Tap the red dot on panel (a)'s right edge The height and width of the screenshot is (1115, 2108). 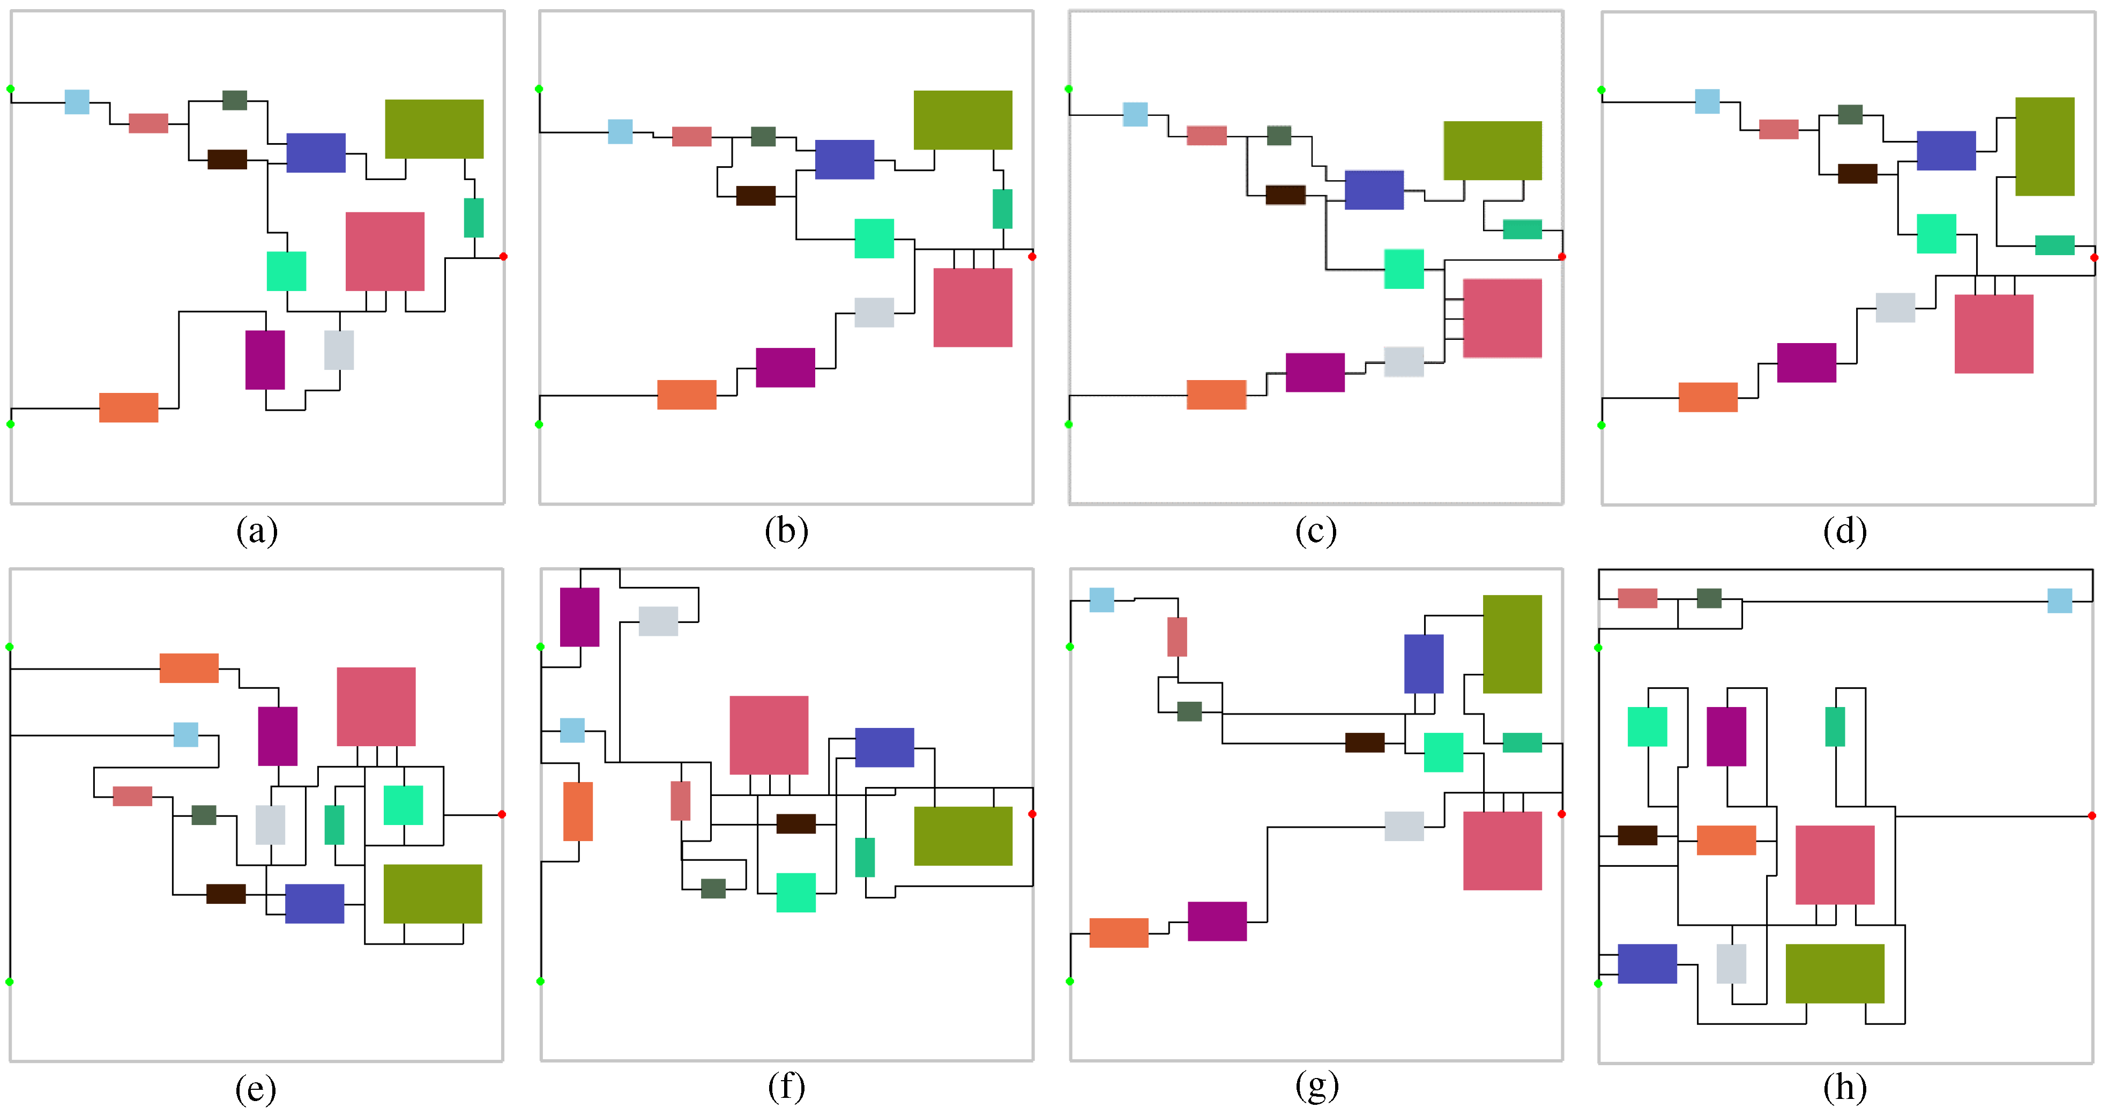tap(503, 256)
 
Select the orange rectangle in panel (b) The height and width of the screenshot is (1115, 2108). tap(687, 395)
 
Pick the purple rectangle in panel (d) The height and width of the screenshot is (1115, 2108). tap(1806, 363)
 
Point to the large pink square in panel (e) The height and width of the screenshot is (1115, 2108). tap(376, 707)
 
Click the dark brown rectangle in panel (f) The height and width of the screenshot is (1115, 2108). tap(795, 823)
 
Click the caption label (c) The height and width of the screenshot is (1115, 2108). tap(1316, 531)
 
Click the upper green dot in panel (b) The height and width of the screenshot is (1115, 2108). tap(539, 88)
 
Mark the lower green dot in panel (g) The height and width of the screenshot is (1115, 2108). tap(1070, 981)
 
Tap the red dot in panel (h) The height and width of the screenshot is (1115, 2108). tap(2091, 815)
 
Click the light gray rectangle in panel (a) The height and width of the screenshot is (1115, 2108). tap(339, 350)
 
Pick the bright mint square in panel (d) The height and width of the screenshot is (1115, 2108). tap(1936, 233)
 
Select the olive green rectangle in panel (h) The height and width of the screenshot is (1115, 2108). tap(1835, 973)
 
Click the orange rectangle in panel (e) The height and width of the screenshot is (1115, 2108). tap(189, 668)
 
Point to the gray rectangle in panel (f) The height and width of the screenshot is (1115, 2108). tap(658, 621)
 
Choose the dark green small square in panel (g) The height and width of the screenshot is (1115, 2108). tap(1189, 711)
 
